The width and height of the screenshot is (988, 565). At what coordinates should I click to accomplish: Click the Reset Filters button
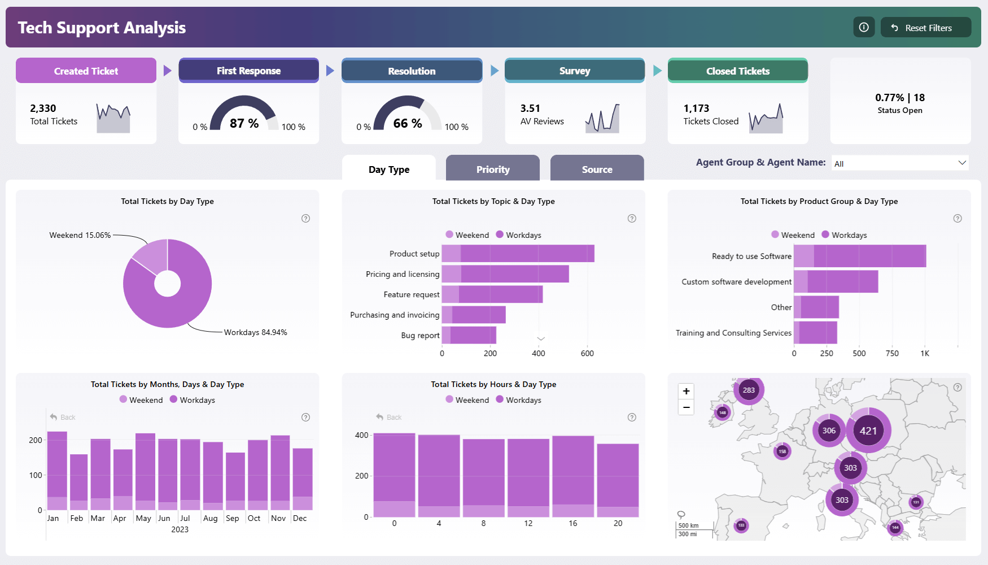(x=926, y=28)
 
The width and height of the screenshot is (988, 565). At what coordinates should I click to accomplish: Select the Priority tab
(x=492, y=169)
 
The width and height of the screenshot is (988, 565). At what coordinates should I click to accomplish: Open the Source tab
(x=597, y=169)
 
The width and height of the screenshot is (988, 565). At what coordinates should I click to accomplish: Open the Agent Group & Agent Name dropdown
(x=900, y=163)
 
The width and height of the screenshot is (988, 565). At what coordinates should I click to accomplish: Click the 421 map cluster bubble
(x=868, y=431)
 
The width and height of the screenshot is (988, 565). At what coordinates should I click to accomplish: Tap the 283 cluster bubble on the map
(x=749, y=390)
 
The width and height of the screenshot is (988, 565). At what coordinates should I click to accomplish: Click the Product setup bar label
(x=414, y=254)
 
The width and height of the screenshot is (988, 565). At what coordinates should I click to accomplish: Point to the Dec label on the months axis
(x=300, y=518)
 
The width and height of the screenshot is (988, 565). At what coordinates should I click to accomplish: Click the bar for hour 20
(x=618, y=480)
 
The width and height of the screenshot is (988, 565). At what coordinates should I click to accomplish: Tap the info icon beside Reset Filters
(x=864, y=27)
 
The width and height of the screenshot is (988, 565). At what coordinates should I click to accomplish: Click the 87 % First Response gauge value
(x=244, y=123)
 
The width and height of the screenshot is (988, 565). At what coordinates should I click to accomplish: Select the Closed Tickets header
(x=737, y=71)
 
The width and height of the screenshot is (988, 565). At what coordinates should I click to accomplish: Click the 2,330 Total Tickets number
(x=43, y=108)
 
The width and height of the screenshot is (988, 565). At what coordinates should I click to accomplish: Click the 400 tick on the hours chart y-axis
(x=361, y=435)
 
